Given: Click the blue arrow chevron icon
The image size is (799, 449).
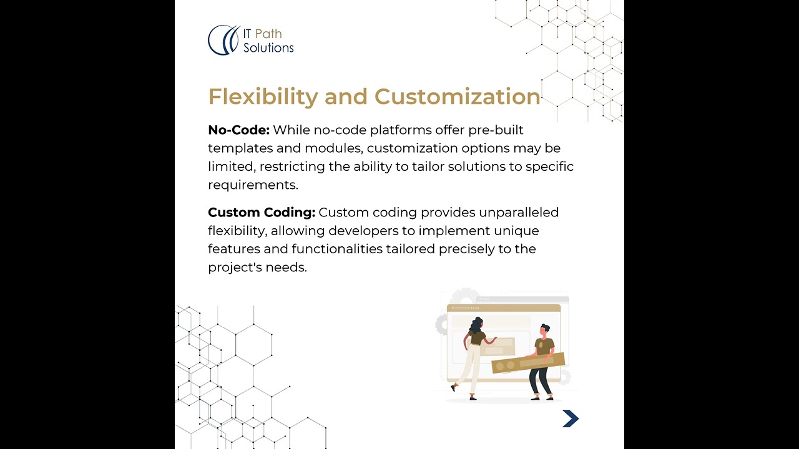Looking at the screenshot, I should click(571, 419).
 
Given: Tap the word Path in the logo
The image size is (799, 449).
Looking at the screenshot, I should click(268, 34).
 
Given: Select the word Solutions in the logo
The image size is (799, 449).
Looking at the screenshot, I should click(268, 47).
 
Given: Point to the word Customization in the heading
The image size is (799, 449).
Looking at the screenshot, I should click(457, 97).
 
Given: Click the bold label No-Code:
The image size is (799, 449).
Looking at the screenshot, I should click(238, 130).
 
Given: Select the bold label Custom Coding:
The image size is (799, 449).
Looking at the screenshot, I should click(262, 213).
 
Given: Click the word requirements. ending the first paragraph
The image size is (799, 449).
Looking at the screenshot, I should click(253, 185).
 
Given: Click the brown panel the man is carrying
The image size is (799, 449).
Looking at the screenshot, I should click(528, 362).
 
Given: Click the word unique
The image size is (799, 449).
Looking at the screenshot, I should click(516, 231).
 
